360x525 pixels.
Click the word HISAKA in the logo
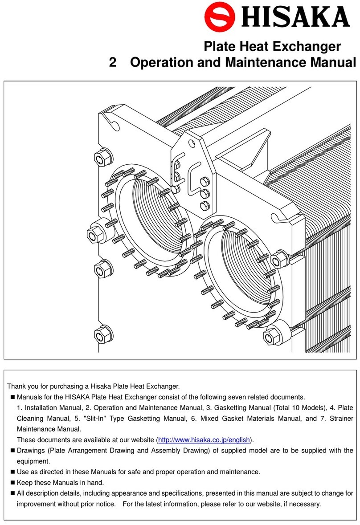click(x=296, y=18)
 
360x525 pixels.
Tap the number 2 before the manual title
click(x=113, y=62)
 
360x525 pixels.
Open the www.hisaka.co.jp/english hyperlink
click(x=205, y=440)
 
